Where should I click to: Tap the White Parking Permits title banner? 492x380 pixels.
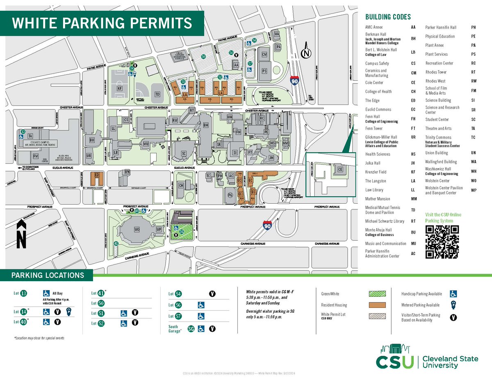pos(102,23)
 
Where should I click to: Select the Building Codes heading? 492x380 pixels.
pos(388,17)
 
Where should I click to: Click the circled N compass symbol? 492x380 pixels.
pos(305,53)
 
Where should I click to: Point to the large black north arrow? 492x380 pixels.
pos(22,234)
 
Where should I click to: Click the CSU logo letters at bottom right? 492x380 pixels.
pos(395,362)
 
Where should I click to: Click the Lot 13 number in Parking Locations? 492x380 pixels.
pos(24,293)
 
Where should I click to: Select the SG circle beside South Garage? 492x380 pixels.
pos(191,328)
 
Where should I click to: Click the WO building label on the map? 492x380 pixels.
pos(137,229)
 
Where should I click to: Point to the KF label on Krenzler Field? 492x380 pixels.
pos(120,88)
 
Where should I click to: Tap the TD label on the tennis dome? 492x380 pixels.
pos(157,94)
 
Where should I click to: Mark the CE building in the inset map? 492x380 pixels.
pos(339,169)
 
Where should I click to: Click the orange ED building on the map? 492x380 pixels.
pos(97,175)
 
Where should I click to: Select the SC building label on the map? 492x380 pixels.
pos(184,153)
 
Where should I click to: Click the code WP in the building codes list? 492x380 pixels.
pos(474,191)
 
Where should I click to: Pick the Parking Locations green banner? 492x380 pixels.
pos(47,275)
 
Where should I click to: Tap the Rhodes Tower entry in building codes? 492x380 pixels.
pos(436,72)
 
